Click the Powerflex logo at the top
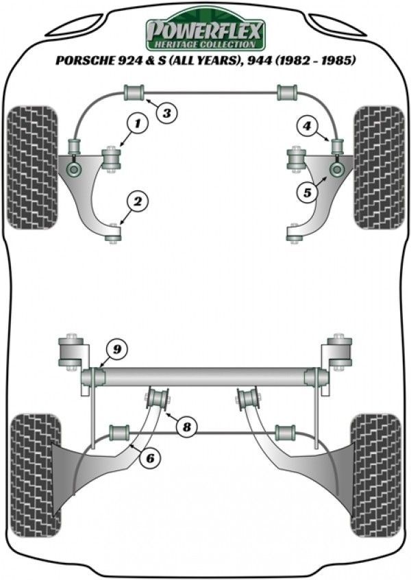tap(205, 30)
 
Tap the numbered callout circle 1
tap(138, 124)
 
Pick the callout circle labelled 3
tap(166, 113)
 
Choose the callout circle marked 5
tap(308, 193)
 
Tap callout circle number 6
tap(148, 459)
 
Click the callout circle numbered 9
tap(117, 351)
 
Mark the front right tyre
tap(378, 167)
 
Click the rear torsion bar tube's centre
tap(206, 376)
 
